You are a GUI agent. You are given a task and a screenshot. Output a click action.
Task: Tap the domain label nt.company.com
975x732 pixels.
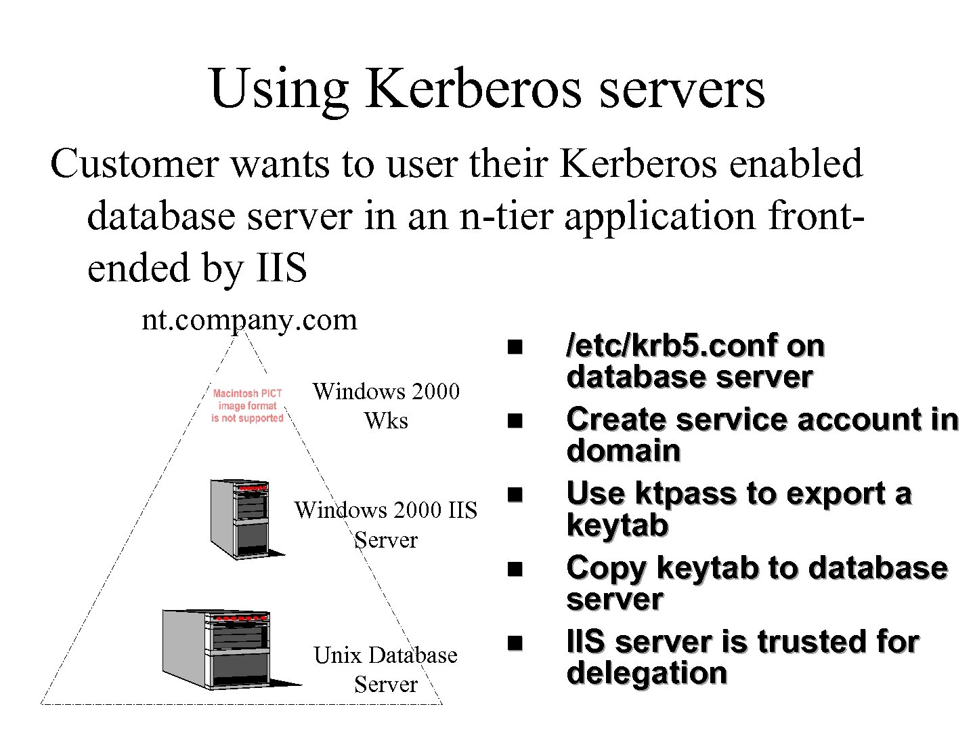coord(248,319)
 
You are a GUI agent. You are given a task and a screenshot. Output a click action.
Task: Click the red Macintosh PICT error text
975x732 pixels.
coord(247,405)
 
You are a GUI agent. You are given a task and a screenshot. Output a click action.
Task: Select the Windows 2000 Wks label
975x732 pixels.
coord(386,405)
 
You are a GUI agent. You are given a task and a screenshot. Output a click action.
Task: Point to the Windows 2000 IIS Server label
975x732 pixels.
coord(386,524)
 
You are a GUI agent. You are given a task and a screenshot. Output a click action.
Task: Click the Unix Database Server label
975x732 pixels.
coord(385,669)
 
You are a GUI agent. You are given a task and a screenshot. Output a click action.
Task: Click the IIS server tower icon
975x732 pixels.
coord(241,518)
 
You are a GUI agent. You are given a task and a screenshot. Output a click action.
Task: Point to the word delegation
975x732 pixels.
coord(647,673)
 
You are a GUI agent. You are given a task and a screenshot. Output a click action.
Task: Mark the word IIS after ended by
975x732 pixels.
coord(281,268)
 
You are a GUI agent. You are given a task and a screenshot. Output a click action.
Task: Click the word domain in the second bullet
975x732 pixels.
coord(623,451)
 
